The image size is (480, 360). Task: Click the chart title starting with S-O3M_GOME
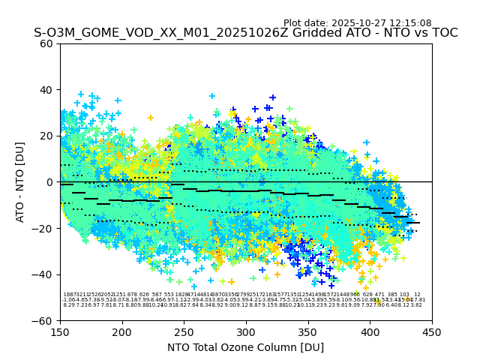pyautogui.click(x=245, y=33)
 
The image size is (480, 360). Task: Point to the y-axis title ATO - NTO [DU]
pyautogui.click(x=20, y=182)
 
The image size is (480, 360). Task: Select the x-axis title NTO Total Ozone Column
pyautogui.click(x=245, y=347)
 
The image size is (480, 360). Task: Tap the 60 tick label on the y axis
pyautogui.click(x=46, y=43)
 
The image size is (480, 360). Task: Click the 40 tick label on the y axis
pyautogui.click(x=46, y=90)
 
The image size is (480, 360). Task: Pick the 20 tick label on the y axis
pyautogui.click(x=46, y=136)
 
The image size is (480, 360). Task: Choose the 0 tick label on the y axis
pyautogui.click(x=49, y=182)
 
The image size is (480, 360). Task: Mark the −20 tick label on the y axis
pyautogui.click(x=43, y=229)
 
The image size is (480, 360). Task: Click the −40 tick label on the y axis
pyautogui.click(x=43, y=274)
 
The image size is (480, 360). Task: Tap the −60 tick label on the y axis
pyautogui.click(x=43, y=321)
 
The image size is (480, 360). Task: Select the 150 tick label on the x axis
pyautogui.click(x=60, y=331)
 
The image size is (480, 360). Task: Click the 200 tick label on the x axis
pyautogui.click(x=122, y=331)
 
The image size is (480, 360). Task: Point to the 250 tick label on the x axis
pyautogui.click(x=184, y=331)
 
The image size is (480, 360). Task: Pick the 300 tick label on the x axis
pyautogui.click(x=246, y=331)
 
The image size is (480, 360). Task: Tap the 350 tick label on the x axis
pyautogui.click(x=308, y=331)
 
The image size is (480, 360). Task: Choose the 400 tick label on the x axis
pyautogui.click(x=370, y=331)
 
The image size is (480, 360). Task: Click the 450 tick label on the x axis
pyautogui.click(x=432, y=331)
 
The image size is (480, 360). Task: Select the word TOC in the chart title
pyautogui.click(x=444, y=33)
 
